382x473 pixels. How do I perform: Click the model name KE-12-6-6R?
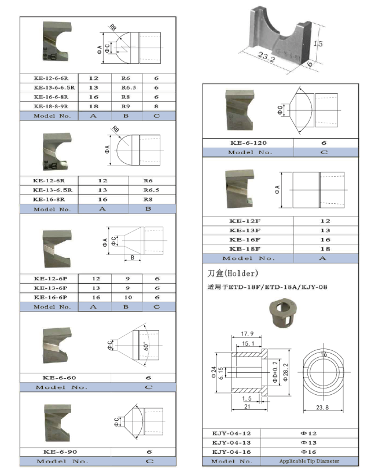pos(51,78)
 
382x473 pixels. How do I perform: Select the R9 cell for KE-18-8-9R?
pos(128,107)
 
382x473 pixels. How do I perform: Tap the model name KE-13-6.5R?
pos(50,190)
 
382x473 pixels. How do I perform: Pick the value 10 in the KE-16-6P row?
pos(128,298)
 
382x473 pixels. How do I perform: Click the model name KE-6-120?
pos(249,142)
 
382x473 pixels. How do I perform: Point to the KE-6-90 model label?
pos(56,452)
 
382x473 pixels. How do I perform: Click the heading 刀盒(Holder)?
pos(233,273)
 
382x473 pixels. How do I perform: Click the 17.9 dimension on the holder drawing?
pos(248,333)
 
